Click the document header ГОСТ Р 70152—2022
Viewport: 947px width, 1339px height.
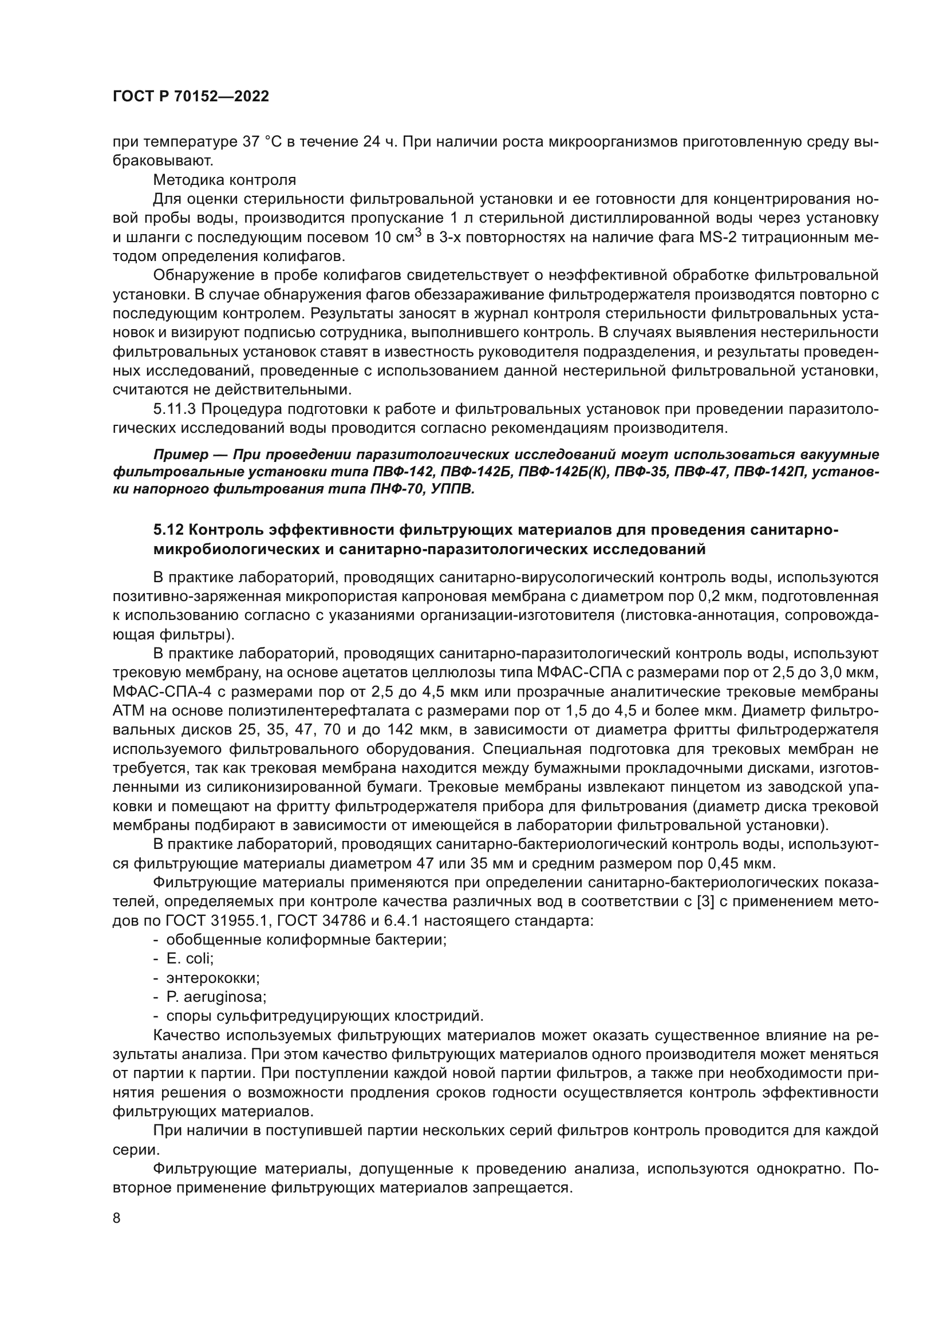[x=191, y=97]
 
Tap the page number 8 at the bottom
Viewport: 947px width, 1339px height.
[x=117, y=1218]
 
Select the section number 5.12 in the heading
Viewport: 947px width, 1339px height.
[x=168, y=530]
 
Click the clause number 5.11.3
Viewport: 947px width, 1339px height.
[x=173, y=409]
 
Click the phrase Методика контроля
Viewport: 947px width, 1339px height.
[x=224, y=180]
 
